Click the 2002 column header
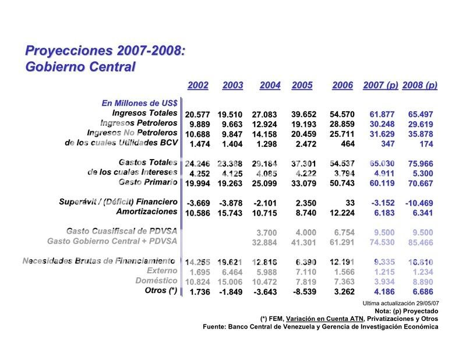pyautogui.click(x=198, y=85)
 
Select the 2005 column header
pyautogui.click(x=302, y=85)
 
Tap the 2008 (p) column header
pyautogui.click(x=419, y=85)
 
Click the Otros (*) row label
pyautogui.click(x=160, y=291)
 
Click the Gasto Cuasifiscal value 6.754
pyautogui.click(x=343, y=232)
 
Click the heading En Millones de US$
pyautogui.click(x=139, y=103)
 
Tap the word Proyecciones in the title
pyautogui.click(x=65, y=51)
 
